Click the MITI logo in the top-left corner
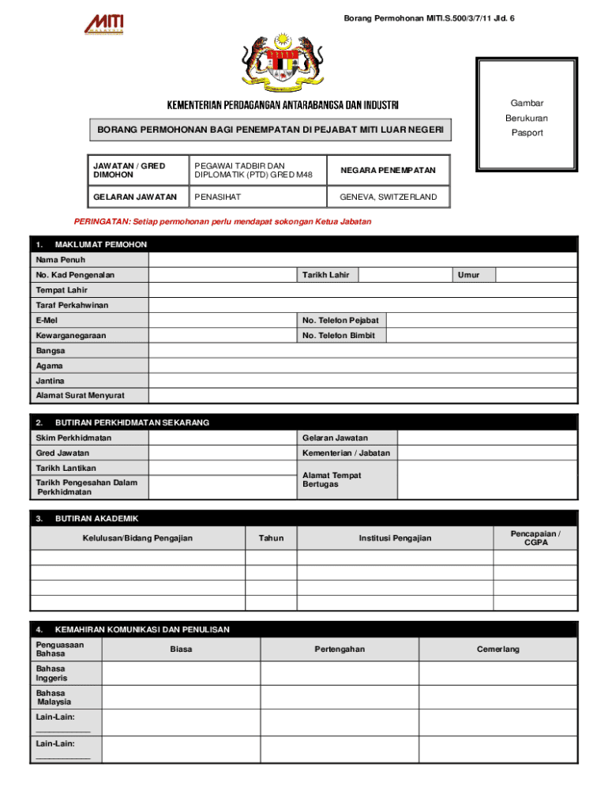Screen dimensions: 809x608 coord(104,24)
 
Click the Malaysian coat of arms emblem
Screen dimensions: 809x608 coord(283,62)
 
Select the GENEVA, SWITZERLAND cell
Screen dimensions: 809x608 coord(388,197)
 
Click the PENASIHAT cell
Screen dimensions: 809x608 coord(256,197)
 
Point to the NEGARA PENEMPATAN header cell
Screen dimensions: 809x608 coord(388,171)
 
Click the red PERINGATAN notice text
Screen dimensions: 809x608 coord(222,222)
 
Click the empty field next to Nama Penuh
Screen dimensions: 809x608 coord(363,260)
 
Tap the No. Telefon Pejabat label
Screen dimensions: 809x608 coord(340,320)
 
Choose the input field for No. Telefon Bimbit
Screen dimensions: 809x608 coord(482,336)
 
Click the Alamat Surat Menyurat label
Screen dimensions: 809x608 coord(80,396)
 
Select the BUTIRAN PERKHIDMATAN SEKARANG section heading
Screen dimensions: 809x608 coord(132,423)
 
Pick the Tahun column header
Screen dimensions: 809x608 coord(271,538)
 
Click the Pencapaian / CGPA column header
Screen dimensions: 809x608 coord(536,538)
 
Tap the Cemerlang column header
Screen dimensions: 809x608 coord(498,649)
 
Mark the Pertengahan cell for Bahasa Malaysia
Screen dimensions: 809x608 coord(340,697)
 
